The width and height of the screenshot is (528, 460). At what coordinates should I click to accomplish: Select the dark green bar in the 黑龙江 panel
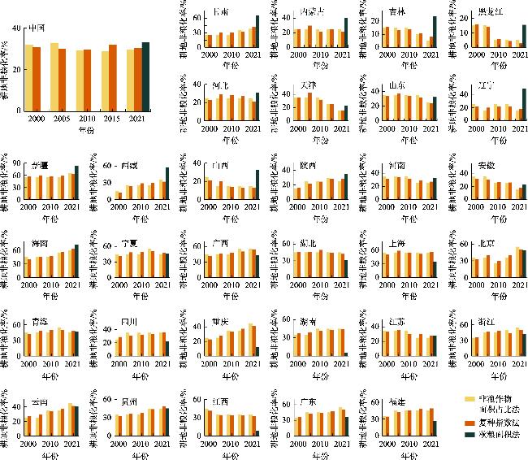[x=502, y=36]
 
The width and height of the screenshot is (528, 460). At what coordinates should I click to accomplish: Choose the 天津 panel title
[x=309, y=85]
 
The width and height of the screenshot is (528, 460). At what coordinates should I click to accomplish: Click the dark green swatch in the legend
[x=469, y=436]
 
